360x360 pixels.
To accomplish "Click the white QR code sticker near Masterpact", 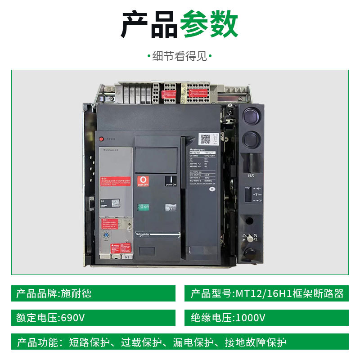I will pos(206,139).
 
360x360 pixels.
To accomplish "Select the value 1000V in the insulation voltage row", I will pos(250,318).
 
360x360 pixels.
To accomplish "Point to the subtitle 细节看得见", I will pos(180,56).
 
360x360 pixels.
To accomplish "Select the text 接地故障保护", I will pos(259,342).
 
